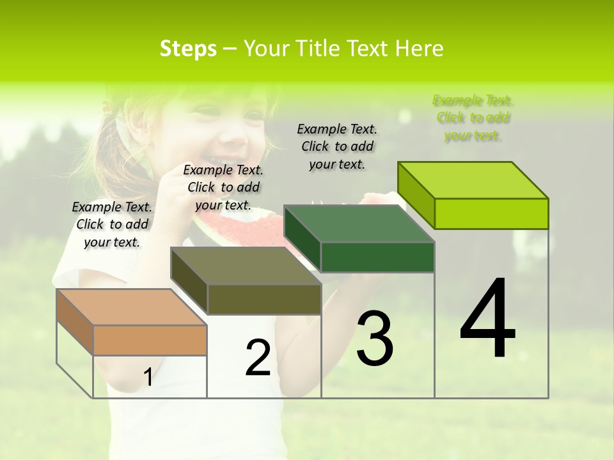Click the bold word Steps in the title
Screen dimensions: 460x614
point(188,49)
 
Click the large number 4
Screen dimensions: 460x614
point(487,319)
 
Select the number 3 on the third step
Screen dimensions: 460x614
point(375,338)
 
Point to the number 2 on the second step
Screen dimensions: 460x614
point(258,358)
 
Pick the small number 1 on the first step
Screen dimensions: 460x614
point(148,378)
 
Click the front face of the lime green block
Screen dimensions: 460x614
point(491,213)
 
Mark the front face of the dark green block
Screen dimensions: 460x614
point(377,257)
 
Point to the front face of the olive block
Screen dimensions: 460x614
point(264,299)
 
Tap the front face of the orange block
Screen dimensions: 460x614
point(150,340)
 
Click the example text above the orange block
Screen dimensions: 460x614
point(112,224)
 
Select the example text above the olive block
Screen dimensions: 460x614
point(223,187)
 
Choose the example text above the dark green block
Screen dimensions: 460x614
point(337,146)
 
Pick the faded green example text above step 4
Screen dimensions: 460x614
point(473,118)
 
